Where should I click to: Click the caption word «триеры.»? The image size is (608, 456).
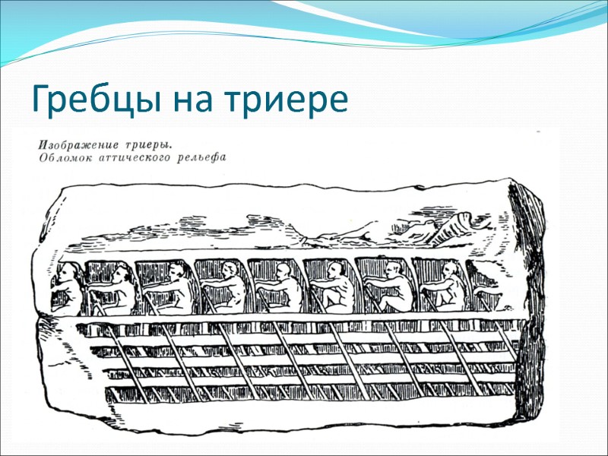147,143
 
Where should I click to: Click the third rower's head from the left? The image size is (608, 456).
176,270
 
